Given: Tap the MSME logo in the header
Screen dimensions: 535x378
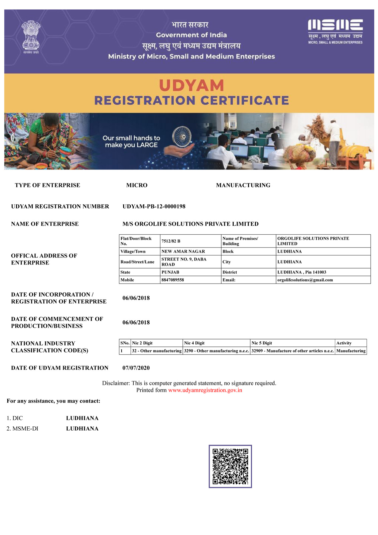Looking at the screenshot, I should pyautogui.click(x=335, y=31).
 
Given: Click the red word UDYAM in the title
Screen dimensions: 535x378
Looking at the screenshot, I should pyautogui.click(x=192, y=86).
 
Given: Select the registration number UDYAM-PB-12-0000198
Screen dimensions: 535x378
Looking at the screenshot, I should pyautogui.click(x=154, y=206).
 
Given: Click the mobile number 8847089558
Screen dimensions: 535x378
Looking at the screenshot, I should pyautogui.click(x=172, y=280).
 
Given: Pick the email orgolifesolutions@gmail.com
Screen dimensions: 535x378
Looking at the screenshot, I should pyautogui.click(x=305, y=280).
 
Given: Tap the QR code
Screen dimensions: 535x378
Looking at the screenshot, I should pyautogui.click(x=230, y=466).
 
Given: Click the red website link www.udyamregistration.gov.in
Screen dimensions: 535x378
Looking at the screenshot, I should pyautogui.click(x=205, y=390).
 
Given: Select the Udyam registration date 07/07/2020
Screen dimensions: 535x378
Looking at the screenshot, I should pyautogui.click(x=136, y=368).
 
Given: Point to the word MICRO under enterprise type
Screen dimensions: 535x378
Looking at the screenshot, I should pyautogui.click(x=137, y=185).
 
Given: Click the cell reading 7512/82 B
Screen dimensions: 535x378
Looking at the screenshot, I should pyautogui.click(x=171, y=241).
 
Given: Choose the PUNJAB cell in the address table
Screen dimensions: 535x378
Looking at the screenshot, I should pyautogui.click(x=170, y=272).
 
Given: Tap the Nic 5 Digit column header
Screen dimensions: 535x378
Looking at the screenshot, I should pyautogui.click(x=262, y=343).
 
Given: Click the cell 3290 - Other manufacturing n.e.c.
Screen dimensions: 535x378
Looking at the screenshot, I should pyautogui.click(x=216, y=351).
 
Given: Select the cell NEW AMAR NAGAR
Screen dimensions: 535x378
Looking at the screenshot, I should pyautogui.click(x=183, y=251).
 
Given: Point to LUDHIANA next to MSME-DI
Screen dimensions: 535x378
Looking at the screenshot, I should pyautogui.click(x=82, y=429).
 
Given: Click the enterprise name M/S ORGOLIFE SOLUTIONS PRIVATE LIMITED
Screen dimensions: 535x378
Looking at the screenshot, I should pyautogui.click(x=191, y=224).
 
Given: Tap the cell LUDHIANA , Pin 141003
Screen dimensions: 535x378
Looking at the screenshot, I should pyautogui.click(x=301, y=272).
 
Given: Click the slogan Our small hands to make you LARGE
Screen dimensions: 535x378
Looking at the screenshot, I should pyautogui.click(x=131, y=141).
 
